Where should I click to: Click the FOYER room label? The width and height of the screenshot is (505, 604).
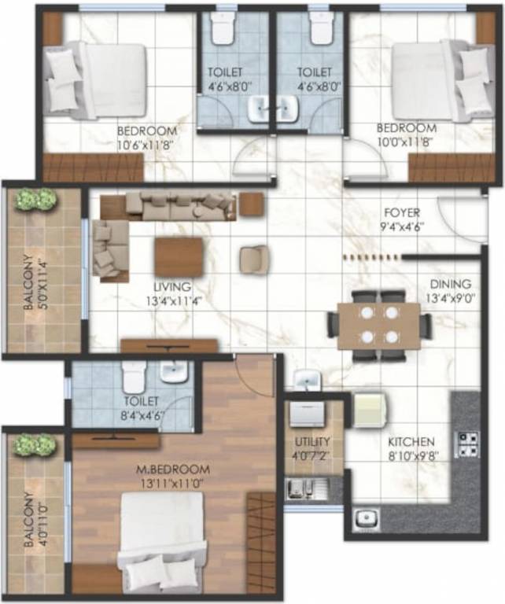click(x=401, y=212)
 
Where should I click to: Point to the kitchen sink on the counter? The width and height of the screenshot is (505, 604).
click(x=367, y=519)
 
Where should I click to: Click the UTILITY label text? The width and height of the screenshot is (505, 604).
click(x=312, y=441)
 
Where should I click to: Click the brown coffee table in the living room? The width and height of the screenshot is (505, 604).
click(x=179, y=257)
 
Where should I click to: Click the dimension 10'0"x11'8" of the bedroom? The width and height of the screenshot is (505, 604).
click(x=405, y=141)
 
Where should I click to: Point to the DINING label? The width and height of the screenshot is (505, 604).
click(x=450, y=284)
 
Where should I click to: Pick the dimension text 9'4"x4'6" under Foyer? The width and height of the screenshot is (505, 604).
click(x=401, y=226)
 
